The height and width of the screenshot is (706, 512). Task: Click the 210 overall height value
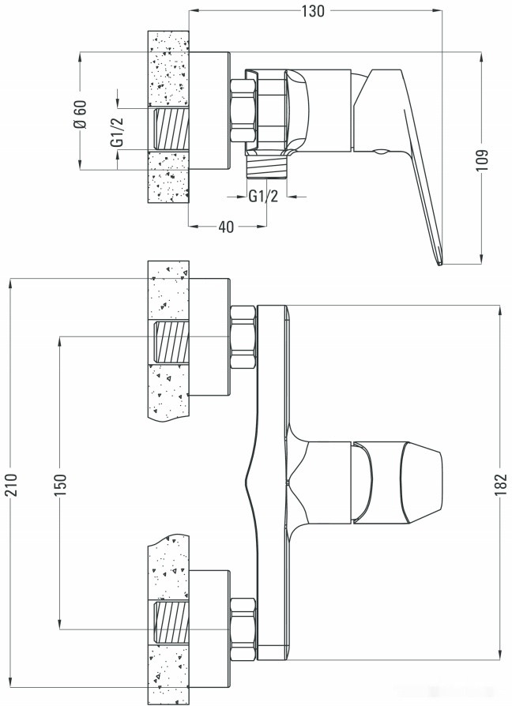[x=10, y=483]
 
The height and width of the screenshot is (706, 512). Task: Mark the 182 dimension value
[x=501, y=483]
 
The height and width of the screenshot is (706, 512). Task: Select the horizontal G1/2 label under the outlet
[x=263, y=197]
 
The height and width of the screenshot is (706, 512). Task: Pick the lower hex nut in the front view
[x=243, y=629]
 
